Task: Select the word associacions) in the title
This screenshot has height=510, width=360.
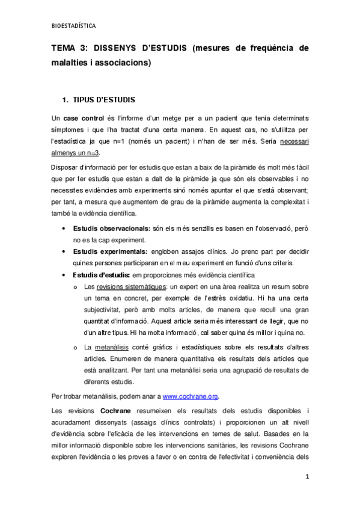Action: [120, 63]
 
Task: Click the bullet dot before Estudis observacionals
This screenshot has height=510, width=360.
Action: [64, 229]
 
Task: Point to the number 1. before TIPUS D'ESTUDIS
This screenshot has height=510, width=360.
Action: [66, 98]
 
